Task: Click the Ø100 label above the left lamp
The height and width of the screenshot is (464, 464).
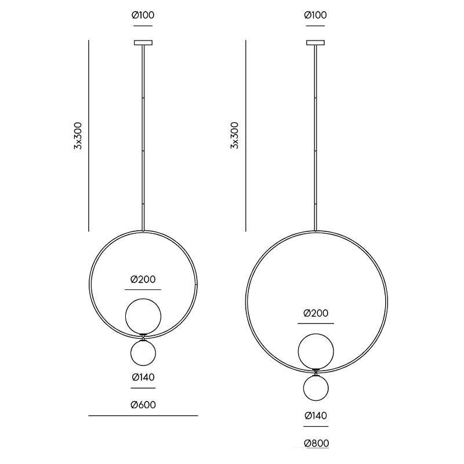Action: pos(143,15)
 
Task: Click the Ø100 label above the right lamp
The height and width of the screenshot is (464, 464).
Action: pos(316,15)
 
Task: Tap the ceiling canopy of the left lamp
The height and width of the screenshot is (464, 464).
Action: pos(143,42)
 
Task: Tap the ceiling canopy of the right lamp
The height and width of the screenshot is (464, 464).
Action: pos(316,42)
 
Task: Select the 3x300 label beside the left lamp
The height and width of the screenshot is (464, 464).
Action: pos(78,136)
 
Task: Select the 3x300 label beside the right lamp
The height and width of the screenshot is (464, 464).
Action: pos(235,136)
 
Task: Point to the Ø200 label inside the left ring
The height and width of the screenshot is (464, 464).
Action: pos(143,280)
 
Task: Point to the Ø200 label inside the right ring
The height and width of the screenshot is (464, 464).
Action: pos(316,313)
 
